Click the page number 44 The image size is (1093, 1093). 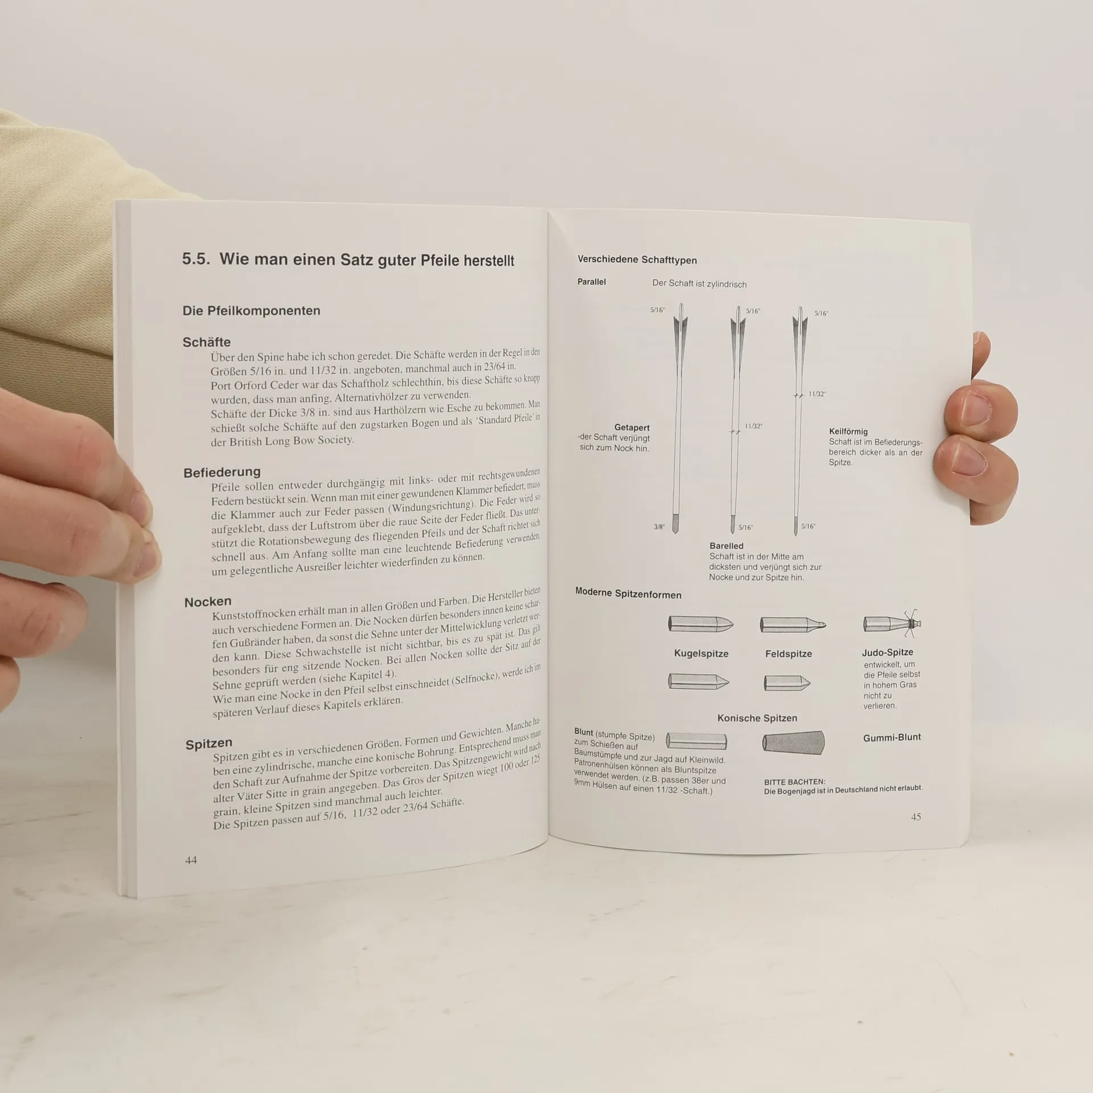click(x=191, y=860)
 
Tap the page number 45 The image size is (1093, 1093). click(x=916, y=817)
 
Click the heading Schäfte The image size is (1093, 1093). click(x=207, y=342)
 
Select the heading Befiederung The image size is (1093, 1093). click(x=222, y=472)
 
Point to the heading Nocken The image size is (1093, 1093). click(x=208, y=602)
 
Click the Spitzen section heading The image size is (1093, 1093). click(x=209, y=743)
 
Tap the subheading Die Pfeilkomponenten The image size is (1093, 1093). click(x=251, y=311)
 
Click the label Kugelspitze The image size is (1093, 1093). click(x=701, y=654)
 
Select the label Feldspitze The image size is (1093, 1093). click(x=788, y=654)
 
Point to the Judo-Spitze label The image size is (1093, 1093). click(x=887, y=652)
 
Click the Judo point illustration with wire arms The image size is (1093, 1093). click(x=892, y=623)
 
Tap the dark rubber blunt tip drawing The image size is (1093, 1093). click(x=793, y=742)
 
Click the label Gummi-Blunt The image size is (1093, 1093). click(x=892, y=737)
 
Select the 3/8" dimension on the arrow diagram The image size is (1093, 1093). click(x=659, y=527)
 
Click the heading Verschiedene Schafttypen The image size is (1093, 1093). click(x=637, y=260)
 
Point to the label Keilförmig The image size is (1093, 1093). click(x=848, y=432)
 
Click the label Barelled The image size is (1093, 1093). click(x=726, y=546)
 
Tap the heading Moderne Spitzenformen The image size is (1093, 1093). click(x=628, y=594)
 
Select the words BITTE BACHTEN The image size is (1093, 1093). click(x=795, y=782)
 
